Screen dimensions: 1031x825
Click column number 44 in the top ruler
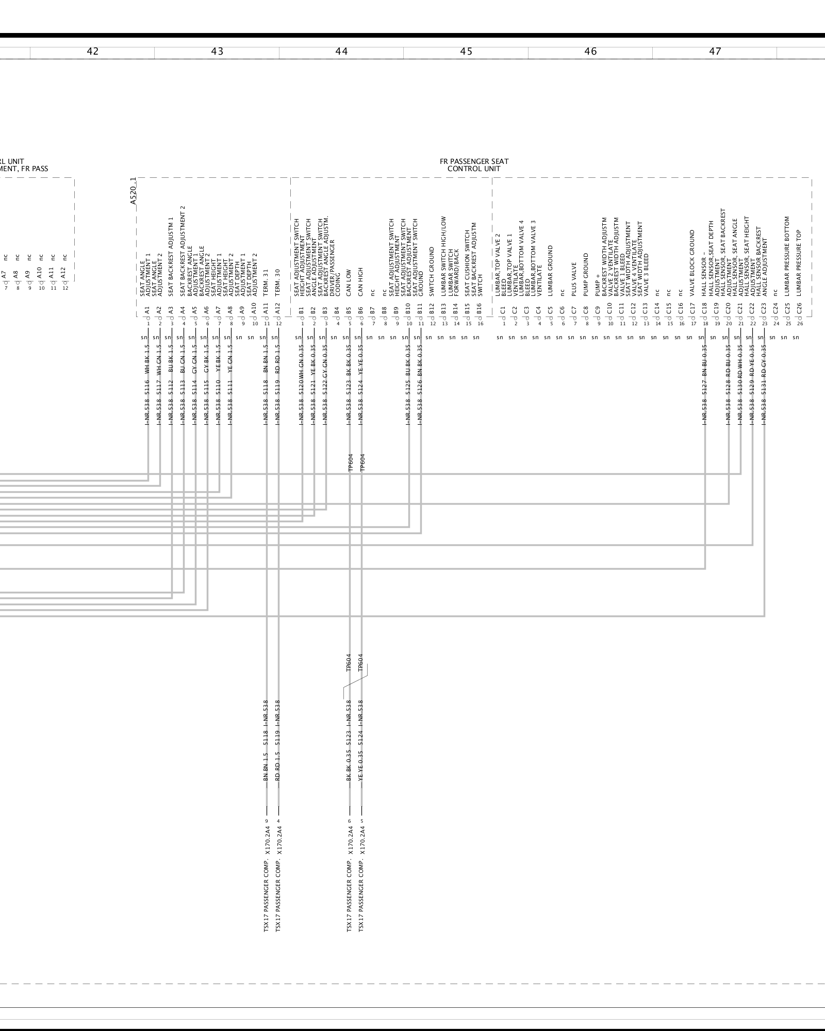point(341,52)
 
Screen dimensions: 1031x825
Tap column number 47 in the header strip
point(715,52)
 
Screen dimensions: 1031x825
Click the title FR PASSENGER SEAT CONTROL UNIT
point(474,165)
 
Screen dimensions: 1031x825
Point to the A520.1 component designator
point(133,191)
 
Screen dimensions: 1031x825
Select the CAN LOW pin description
point(349,282)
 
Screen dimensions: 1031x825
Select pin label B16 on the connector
point(479,310)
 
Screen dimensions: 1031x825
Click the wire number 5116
point(147,395)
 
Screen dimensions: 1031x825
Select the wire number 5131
point(764,395)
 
